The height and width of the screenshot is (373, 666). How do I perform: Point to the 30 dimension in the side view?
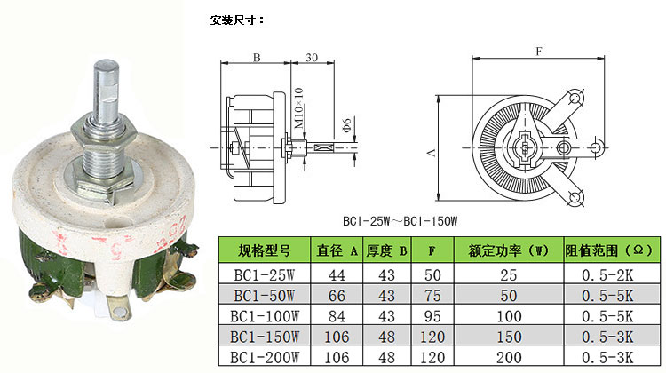tap(311, 57)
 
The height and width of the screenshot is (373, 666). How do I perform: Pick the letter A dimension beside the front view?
tap(432, 152)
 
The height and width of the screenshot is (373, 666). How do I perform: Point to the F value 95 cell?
tap(432, 316)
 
